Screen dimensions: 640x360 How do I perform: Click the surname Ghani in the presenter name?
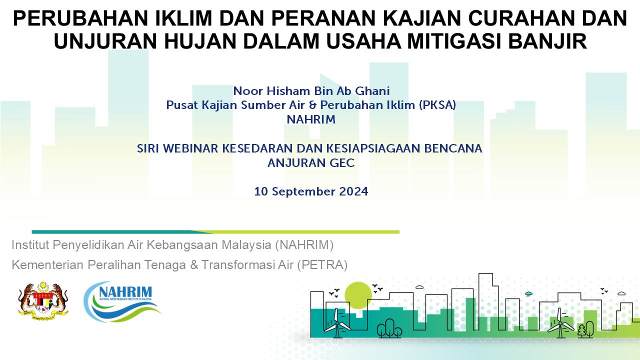tap(372, 91)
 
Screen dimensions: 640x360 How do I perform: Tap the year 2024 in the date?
tap(353, 191)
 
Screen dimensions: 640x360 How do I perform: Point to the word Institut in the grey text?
tap(30, 245)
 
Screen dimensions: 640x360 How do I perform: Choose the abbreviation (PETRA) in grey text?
tap(322, 265)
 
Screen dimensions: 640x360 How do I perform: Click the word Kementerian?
tap(47, 265)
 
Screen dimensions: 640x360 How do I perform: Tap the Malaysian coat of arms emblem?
tap(43, 300)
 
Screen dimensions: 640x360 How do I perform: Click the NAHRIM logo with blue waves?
tap(122, 301)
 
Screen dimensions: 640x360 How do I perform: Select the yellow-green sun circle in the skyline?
tap(358, 295)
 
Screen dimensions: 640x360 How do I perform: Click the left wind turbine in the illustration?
tap(337, 323)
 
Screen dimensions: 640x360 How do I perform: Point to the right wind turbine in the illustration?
tap(560, 323)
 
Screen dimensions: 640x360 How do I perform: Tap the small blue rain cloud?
tap(529, 293)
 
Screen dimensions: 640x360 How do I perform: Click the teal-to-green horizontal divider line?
tap(215, 232)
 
